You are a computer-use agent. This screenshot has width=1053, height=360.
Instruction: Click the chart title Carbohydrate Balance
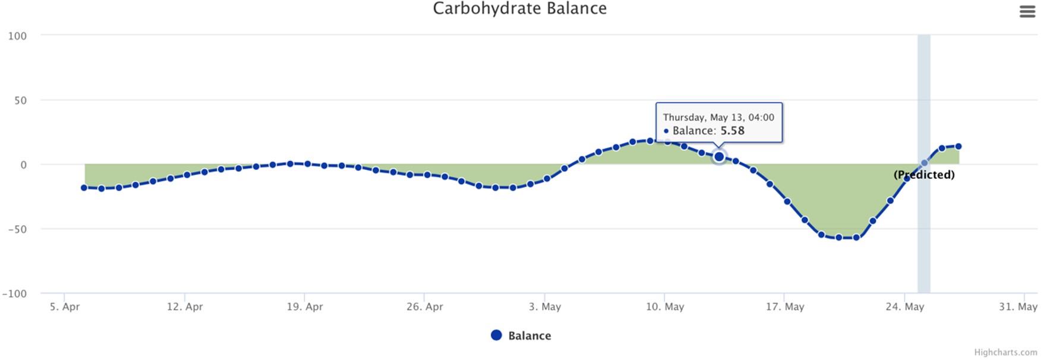(x=519, y=9)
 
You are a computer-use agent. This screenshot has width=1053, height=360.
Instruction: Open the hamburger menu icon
(x=1027, y=12)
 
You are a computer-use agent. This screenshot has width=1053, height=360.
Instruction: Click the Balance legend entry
(x=521, y=336)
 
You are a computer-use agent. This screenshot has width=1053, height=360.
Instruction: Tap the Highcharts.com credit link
(x=1005, y=352)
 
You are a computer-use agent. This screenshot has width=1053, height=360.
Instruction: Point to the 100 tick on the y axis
(x=17, y=36)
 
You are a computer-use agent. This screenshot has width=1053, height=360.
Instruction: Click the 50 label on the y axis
(x=20, y=100)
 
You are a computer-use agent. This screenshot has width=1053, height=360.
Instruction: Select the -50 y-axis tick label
(x=17, y=229)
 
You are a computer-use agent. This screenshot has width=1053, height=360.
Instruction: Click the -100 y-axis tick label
(x=14, y=293)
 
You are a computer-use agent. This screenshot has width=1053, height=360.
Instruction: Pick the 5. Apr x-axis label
(x=64, y=307)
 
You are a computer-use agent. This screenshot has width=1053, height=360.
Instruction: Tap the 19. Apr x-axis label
(x=304, y=307)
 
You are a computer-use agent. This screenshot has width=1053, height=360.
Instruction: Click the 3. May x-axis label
(x=544, y=307)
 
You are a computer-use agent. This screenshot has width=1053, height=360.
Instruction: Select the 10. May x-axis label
(x=664, y=307)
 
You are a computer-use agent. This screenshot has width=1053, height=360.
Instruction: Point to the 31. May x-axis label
(x=1017, y=307)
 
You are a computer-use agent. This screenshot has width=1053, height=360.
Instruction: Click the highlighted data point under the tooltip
(x=719, y=157)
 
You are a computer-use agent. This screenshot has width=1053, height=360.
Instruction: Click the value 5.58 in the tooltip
(x=732, y=131)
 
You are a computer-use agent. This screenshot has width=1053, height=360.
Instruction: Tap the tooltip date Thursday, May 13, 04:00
(x=718, y=118)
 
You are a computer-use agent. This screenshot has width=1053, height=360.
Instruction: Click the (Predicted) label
(x=924, y=175)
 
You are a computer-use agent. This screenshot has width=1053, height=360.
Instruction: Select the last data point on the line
(x=958, y=146)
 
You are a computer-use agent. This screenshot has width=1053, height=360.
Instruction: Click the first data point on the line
(x=84, y=188)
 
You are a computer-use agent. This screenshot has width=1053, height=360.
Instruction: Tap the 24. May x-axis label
(x=904, y=307)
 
